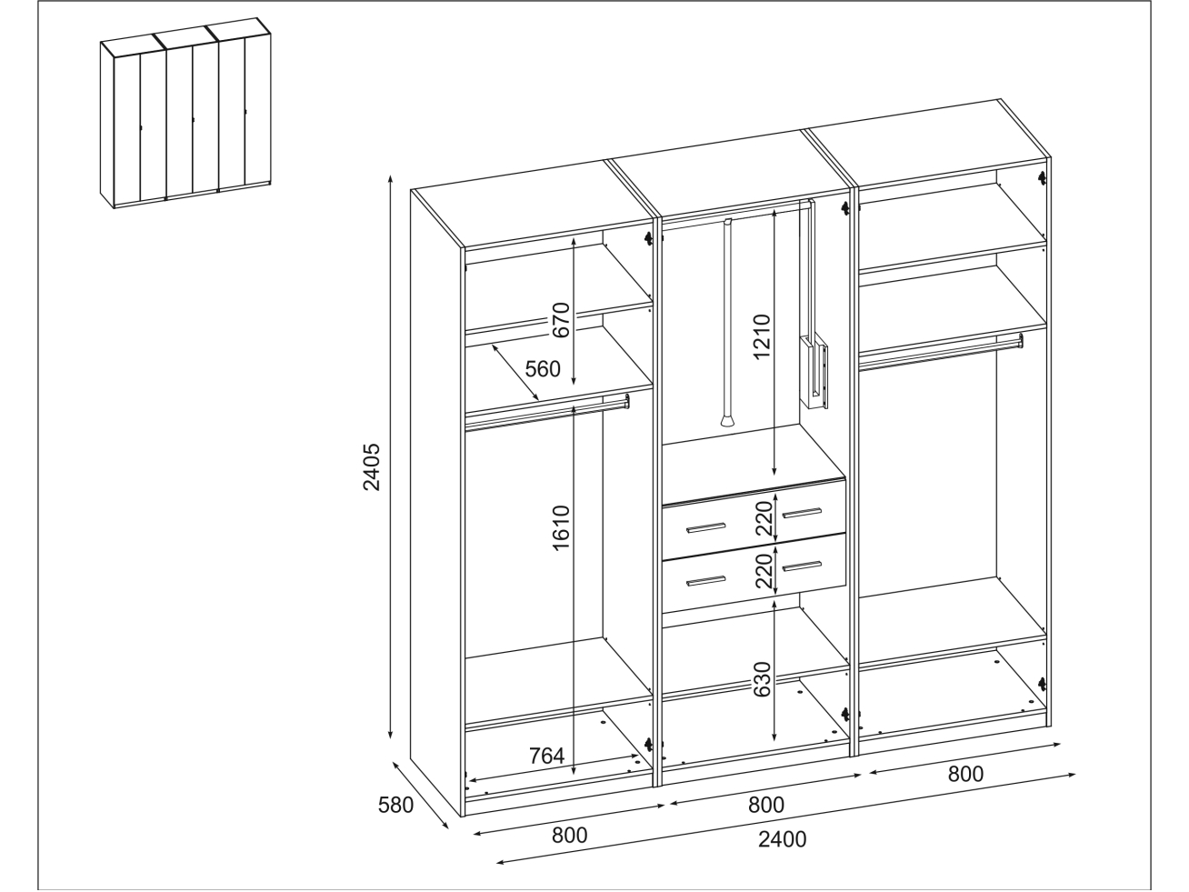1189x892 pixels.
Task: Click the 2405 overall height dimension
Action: coord(372,467)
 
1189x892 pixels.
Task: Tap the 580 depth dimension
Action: coord(395,806)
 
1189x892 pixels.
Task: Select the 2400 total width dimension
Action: coord(782,839)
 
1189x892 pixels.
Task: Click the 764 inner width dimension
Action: coord(546,756)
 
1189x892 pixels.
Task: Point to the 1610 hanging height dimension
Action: coord(561,528)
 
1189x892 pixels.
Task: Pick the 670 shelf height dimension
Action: coord(561,320)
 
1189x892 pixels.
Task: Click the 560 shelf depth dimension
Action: coord(542,369)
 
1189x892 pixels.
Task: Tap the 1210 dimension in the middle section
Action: coord(762,336)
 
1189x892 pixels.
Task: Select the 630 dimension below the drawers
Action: coord(762,679)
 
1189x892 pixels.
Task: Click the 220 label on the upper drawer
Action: coord(764,518)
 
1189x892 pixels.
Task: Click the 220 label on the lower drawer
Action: coord(764,571)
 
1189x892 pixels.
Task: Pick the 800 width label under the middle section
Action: coord(766,806)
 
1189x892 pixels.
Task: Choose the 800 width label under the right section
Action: coord(965,775)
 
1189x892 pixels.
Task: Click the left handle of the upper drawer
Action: coord(705,527)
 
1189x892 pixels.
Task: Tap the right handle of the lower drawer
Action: coord(802,566)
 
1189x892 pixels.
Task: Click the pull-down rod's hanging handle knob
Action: coord(727,420)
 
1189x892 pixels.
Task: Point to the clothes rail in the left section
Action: coord(547,412)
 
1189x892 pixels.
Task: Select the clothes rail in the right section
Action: coord(941,352)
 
